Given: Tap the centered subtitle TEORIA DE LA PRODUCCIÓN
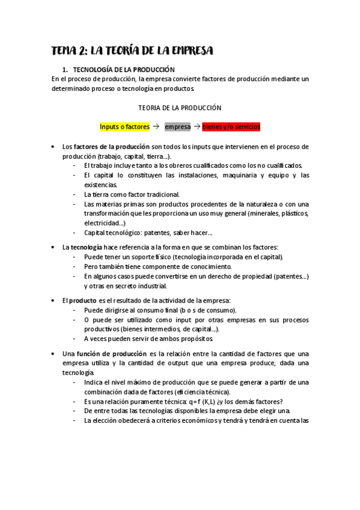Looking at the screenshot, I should coord(180,108).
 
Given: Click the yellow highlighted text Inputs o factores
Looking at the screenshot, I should coord(124,127).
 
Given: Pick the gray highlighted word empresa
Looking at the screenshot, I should coord(177,127).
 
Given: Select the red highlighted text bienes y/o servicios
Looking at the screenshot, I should coord(231,127).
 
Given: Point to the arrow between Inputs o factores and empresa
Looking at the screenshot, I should coord(156,127).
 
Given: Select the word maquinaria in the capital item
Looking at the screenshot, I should coord(226,175).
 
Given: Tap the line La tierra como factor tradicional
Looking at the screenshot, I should coord(132,194).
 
